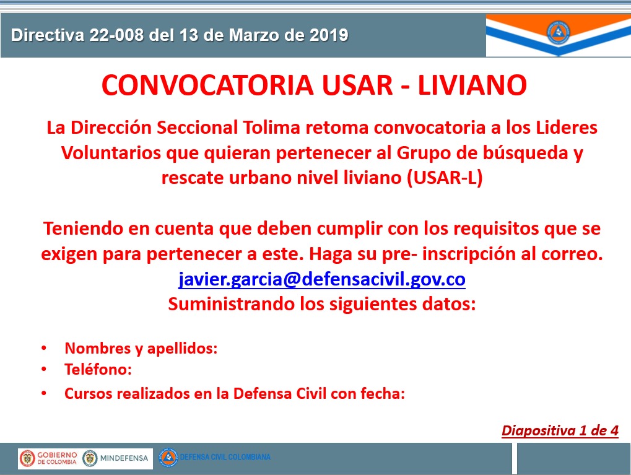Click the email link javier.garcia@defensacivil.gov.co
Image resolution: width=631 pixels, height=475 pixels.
point(322,279)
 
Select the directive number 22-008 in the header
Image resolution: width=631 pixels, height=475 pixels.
point(116,35)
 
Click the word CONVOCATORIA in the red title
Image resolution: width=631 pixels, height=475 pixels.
point(207,85)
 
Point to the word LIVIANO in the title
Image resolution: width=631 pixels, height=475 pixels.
point(472,85)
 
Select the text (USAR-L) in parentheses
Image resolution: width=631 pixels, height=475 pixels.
point(445,178)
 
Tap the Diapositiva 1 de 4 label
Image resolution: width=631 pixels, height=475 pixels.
point(560,430)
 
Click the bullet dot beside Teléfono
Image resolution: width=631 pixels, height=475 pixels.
point(44,369)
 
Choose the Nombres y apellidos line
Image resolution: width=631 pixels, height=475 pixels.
point(141,348)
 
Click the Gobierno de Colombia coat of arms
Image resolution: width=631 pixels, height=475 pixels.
point(27,458)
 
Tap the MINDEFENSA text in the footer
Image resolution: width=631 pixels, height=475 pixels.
point(124,458)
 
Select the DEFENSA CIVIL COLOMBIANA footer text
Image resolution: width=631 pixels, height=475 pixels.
point(225,457)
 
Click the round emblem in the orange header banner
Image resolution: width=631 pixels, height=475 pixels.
point(558,33)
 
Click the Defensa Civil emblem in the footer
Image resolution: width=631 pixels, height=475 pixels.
point(168,457)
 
